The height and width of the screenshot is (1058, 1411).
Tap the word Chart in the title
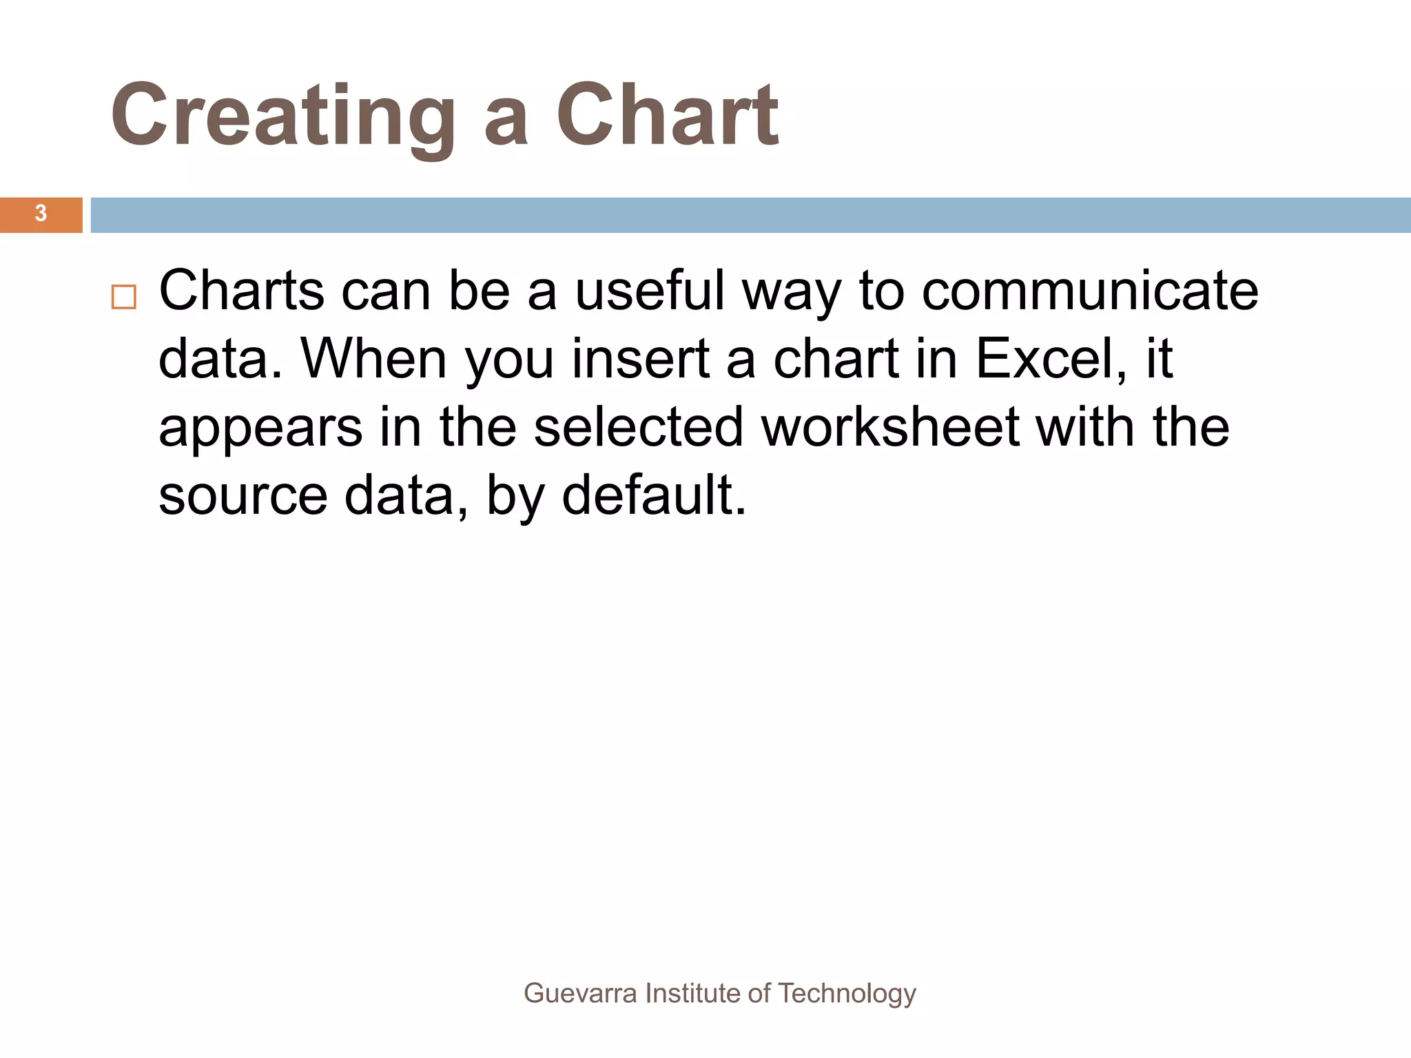pyautogui.click(x=667, y=116)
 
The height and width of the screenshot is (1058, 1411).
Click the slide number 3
pyautogui.click(x=41, y=214)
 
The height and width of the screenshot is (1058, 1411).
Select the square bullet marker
pyautogui.click(x=124, y=298)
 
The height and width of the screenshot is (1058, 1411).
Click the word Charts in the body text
pyautogui.click(x=241, y=291)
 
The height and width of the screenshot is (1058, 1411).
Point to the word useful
pyautogui.click(x=650, y=291)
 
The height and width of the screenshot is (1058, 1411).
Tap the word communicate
pyautogui.click(x=1090, y=291)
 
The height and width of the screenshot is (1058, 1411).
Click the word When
pyautogui.click(x=373, y=359)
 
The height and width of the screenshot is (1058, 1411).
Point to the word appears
pyautogui.click(x=260, y=428)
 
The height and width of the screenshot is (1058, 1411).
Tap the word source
pyautogui.click(x=243, y=496)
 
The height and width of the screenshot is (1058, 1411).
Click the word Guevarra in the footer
pyautogui.click(x=580, y=993)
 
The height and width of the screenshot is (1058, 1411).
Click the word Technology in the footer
pyautogui.click(x=847, y=993)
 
